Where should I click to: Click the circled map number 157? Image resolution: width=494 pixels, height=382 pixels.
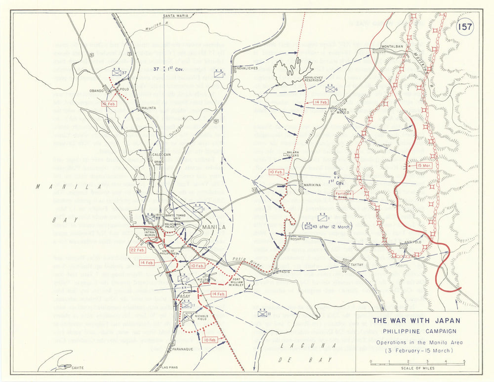pyautogui.click(x=465, y=27)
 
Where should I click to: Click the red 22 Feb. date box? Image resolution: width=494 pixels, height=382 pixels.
pyautogui.click(x=137, y=251)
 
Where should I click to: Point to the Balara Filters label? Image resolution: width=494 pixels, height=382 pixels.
pyautogui.click(x=293, y=155)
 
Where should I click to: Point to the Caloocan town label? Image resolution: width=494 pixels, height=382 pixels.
pyautogui.click(x=158, y=154)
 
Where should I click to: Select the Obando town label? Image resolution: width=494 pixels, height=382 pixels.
pyautogui.click(x=97, y=91)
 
